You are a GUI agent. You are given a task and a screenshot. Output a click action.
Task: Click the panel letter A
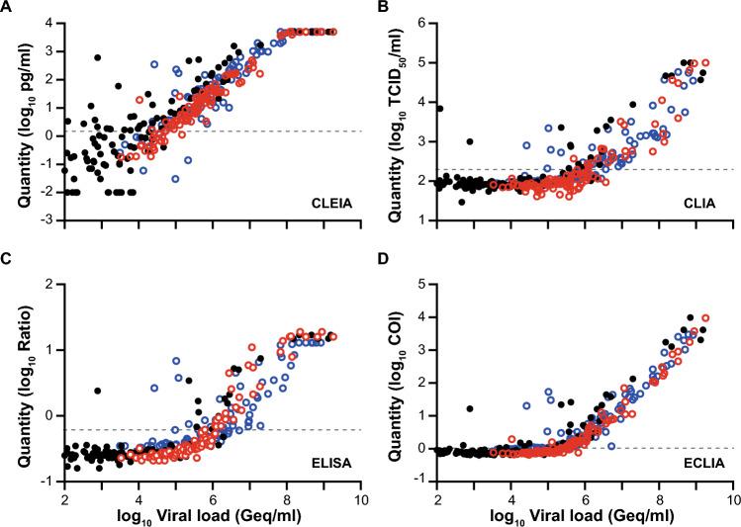pos(8,9)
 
